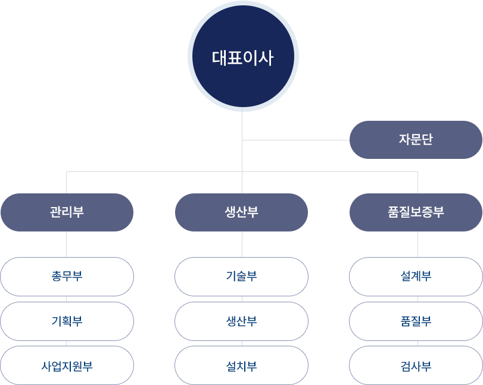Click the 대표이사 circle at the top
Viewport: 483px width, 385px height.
click(x=243, y=58)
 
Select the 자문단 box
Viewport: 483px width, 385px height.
click(x=415, y=140)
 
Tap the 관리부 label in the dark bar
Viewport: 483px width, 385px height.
click(x=67, y=212)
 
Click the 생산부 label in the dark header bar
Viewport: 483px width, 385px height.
click(x=242, y=212)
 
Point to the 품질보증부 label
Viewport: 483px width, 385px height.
click(x=415, y=212)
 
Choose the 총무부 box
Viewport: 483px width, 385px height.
click(x=67, y=277)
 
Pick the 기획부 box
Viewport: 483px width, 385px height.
click(x=67, y=321)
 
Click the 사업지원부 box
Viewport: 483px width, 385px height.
click(x=67, y=365)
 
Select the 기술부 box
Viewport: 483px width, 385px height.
click(x=241, y=277)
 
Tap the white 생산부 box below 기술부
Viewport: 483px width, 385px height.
click(x=241, y=321)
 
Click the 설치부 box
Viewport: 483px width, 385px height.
click(x=241, y=365)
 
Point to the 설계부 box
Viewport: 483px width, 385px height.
click(x=415, y=277)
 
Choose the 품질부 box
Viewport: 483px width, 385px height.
click(x=415, y=321)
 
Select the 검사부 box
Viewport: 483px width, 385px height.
click(x=415, y=365)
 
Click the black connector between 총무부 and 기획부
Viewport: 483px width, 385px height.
click(x=66, y=299)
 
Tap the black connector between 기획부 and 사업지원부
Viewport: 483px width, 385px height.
click(x=66, y=343)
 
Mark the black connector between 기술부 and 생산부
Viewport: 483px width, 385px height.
click(x=241, y=299)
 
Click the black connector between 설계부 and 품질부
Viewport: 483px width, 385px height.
click(x=415, y=299)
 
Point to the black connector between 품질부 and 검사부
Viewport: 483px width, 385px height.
click(x=415, y=343)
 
